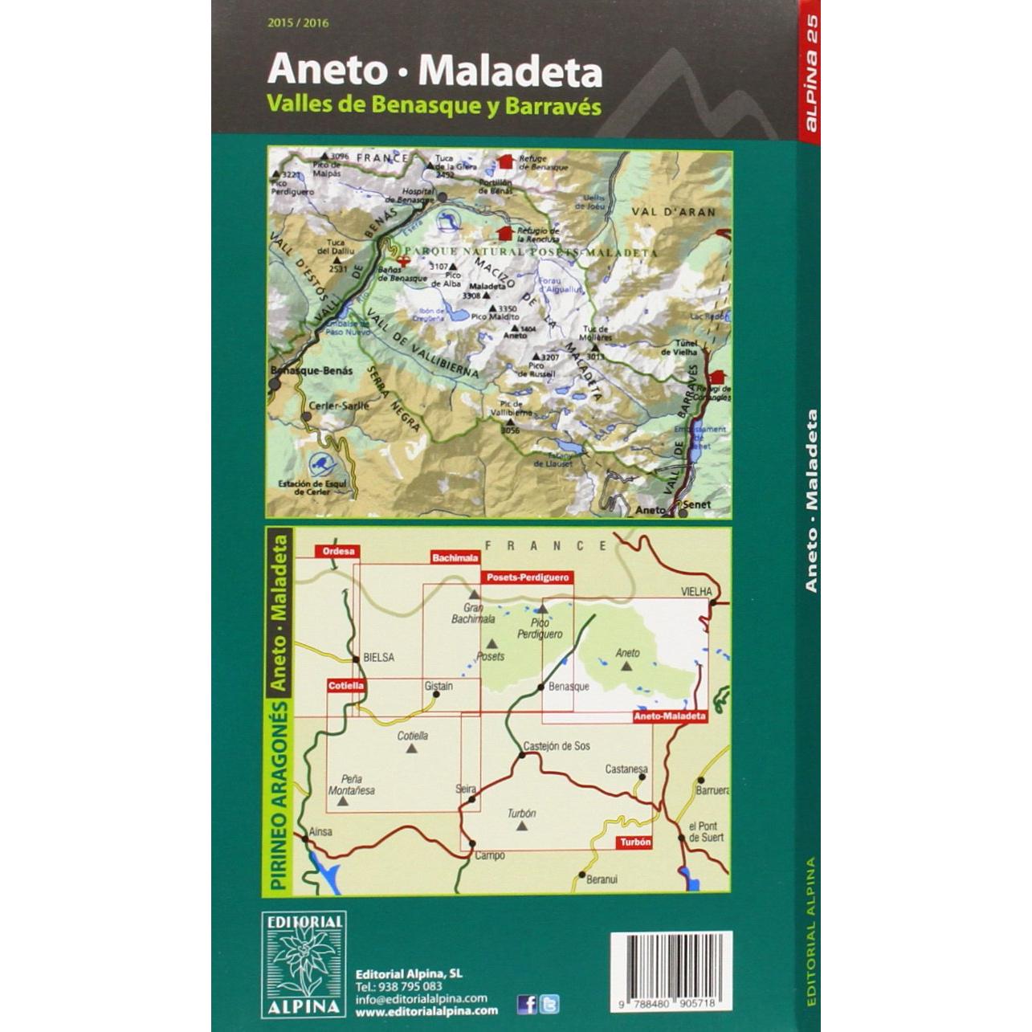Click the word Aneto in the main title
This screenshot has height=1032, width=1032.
(327, 71)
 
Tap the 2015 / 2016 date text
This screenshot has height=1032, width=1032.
(298, 23)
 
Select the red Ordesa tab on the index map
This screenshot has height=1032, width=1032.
(337, 551)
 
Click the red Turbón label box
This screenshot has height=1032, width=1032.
(634, 842)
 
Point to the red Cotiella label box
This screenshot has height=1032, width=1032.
(346, 685)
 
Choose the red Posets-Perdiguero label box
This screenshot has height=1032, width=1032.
(527, 577)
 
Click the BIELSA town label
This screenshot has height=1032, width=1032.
(378, 657)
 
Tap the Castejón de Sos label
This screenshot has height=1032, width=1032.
(557, 745)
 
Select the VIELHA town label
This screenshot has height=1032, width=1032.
(696, 591)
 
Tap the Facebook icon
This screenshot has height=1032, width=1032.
(527, 1004)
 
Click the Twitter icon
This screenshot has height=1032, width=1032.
(549, 1004)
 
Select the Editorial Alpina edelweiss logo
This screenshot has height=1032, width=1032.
(304, 964)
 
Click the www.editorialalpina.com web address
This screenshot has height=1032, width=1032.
(426, 1011)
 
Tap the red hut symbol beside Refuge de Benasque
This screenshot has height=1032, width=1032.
(505, 162)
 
